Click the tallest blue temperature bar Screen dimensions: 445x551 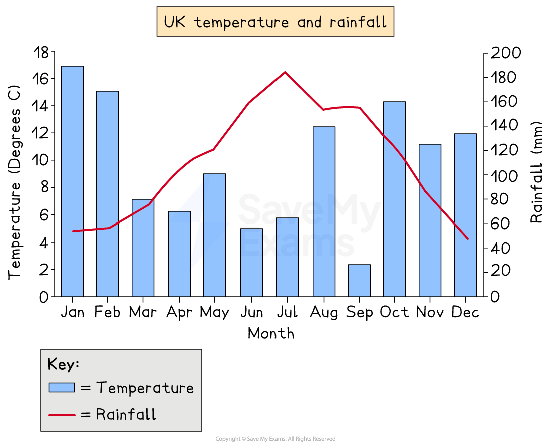(72, 181)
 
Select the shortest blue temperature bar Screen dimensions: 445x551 (359, 280)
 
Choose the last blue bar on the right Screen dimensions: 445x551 (465, 215)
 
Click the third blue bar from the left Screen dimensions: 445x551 (143, 248)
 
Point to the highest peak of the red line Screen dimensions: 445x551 (285, 72)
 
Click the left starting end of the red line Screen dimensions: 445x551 (73, 231)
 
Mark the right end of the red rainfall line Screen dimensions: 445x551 (468, 239)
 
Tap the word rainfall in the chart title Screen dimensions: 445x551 (358, 22)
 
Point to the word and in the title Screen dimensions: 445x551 (311, 22)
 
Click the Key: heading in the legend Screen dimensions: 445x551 (63, 364)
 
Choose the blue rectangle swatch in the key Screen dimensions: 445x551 (61, 388)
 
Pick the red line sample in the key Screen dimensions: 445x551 (61, 415)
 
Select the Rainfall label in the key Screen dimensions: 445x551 (126, 415)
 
